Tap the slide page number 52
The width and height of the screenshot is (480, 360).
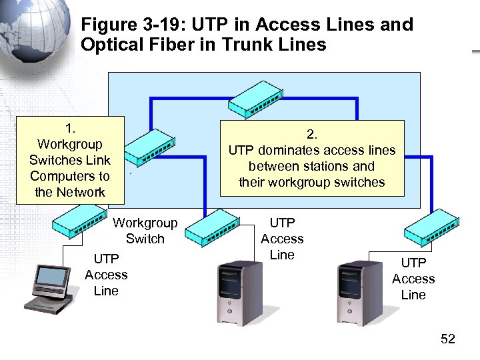448,339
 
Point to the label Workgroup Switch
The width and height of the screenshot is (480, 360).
145,231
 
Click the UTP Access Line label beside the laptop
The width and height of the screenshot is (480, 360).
106,275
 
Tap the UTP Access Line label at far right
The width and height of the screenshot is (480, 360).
413,279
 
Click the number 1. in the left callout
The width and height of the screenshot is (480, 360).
70,128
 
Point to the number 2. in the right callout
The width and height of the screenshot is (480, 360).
312,134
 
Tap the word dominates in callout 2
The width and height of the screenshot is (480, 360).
291,150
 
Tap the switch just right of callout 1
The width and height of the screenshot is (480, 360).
151,146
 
